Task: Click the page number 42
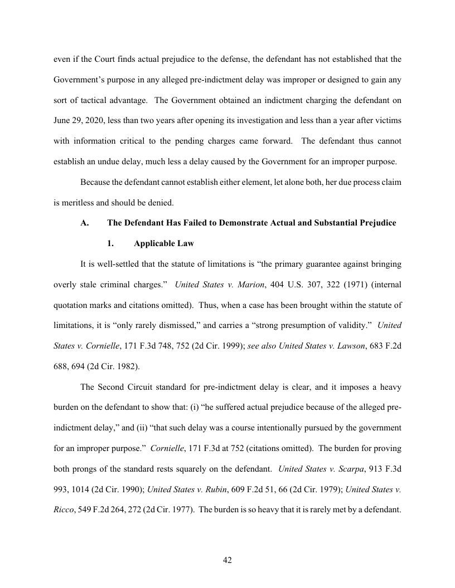click(227, 560)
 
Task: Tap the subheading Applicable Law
click(164, 243)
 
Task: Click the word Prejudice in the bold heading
click(376, 223)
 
